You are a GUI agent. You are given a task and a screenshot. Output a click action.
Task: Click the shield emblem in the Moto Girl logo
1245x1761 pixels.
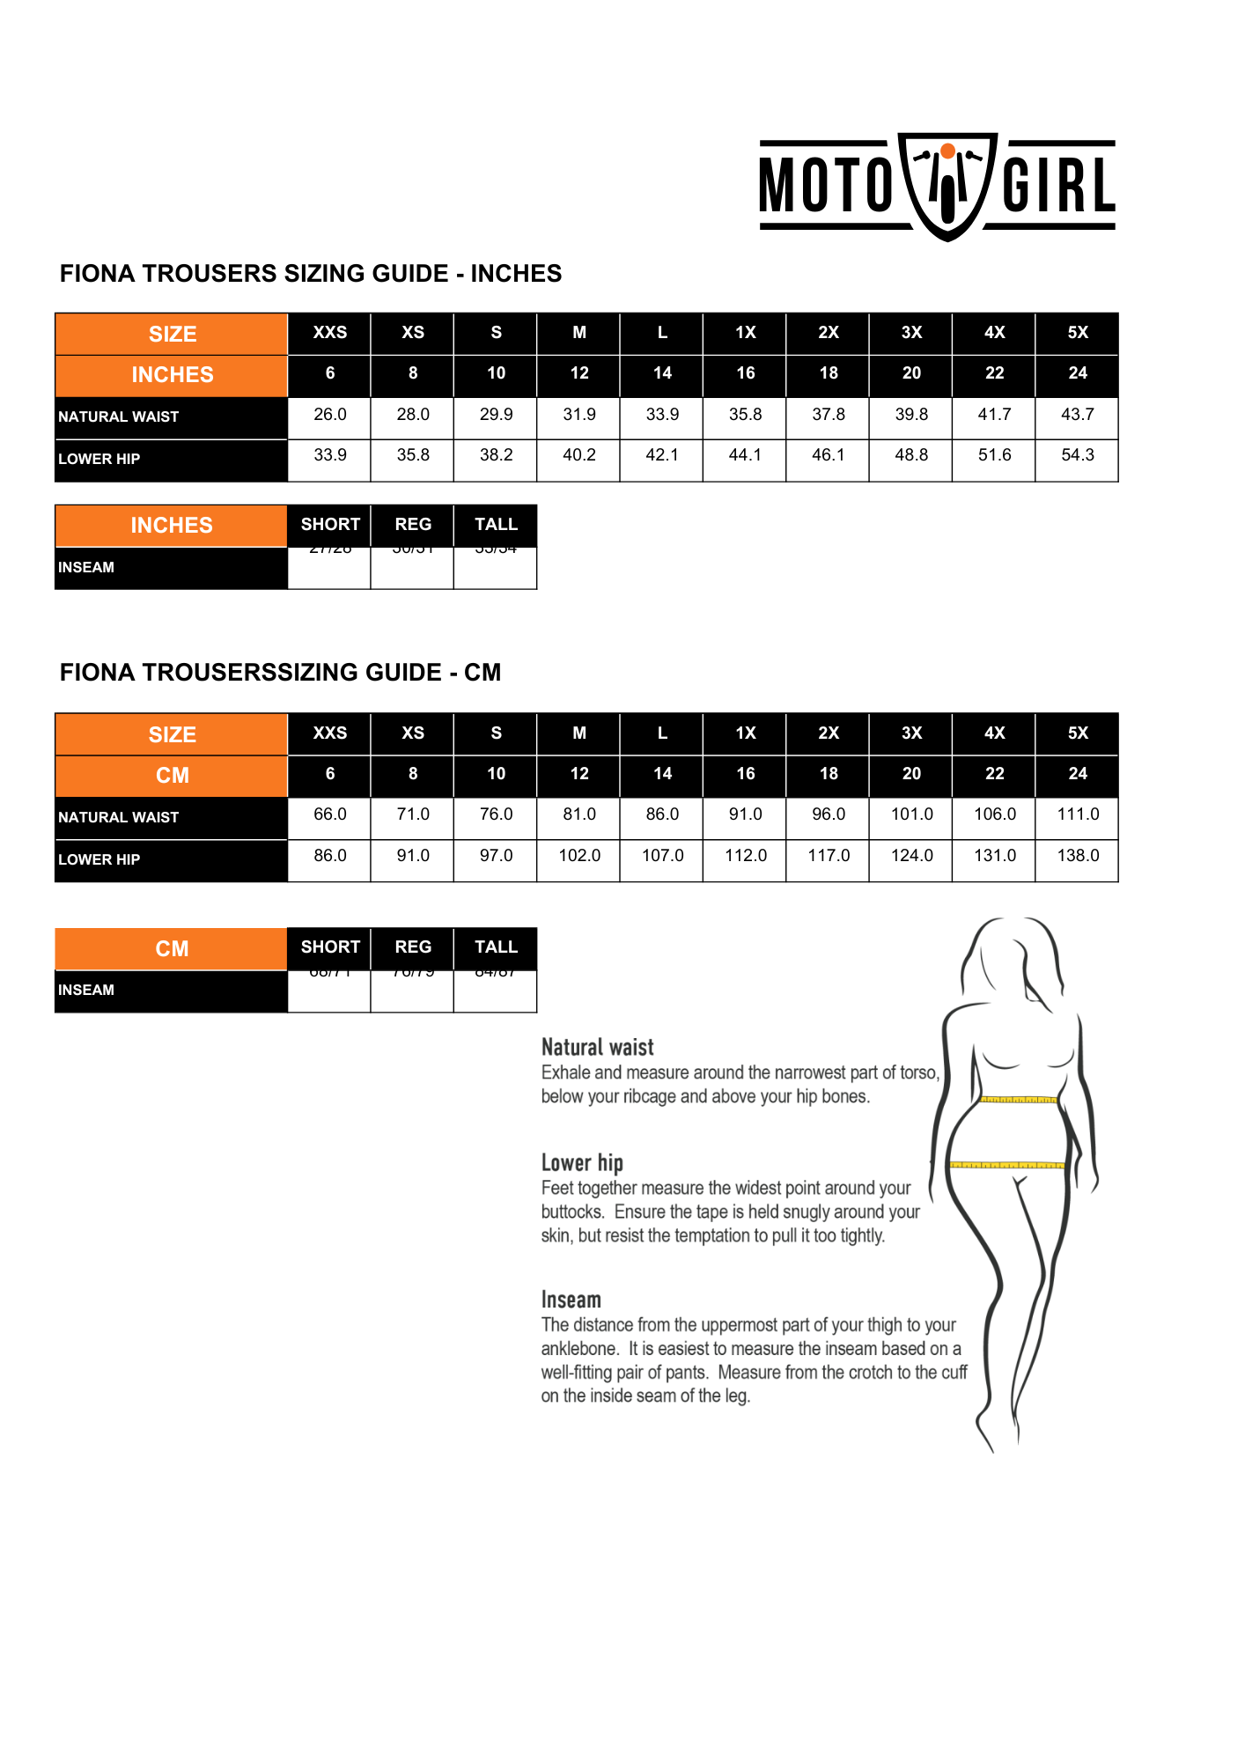click(x=947, y=186)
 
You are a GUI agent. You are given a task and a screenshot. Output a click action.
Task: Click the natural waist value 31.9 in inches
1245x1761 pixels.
click(x=579, y=415)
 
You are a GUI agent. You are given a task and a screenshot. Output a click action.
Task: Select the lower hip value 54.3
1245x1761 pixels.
click(x=1077, y=455)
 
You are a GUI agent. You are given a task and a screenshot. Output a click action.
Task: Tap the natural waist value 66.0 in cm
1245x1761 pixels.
click(x=330, y=814)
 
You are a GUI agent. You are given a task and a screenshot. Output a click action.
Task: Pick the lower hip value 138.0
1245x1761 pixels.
click(x=1078, y=856)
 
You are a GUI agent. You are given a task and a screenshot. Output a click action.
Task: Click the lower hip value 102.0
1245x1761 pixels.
click(x=579, y=856)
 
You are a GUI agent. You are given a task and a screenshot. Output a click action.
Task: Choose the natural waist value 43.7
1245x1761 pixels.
click(x=1077, y=415)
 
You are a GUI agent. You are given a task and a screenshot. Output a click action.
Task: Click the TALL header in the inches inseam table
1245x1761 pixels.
click(x=496, y=525)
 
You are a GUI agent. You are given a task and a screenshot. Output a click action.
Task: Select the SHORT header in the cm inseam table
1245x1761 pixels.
click(x=330, y=947)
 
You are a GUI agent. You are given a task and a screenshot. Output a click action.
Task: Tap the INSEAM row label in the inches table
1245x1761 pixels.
click(x=86, y=568)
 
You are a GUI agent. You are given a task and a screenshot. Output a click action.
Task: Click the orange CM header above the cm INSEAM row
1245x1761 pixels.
click(x=172, y=949)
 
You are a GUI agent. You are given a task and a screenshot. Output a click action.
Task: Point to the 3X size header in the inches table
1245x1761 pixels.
click(x=911, y=333)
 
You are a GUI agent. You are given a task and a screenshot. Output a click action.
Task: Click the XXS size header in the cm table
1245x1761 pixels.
click(x=330, y=733)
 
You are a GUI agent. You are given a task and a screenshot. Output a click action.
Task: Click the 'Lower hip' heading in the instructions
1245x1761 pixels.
click(x=582, y=1163)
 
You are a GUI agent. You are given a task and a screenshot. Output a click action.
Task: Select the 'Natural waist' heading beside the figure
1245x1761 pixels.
click(x=597, y=1048)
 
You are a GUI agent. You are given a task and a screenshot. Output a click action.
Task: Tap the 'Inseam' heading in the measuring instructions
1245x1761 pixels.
click(x=571, y=1300)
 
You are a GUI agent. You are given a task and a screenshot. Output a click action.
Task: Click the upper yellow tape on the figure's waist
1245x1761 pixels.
click(x=1019, y=1100)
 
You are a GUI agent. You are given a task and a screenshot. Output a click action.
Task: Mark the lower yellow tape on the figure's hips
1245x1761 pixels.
click(x=1007, y=1166)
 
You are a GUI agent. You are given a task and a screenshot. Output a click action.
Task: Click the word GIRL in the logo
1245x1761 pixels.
click(x=1058, y=186)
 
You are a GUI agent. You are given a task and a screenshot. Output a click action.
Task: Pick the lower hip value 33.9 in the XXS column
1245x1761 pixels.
click(x=330, y=455)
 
